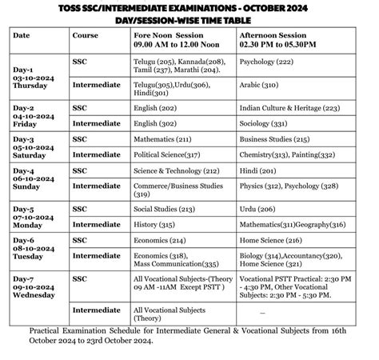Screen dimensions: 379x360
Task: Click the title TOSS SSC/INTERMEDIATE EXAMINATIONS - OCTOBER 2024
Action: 190,7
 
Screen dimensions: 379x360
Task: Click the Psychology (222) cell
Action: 270,61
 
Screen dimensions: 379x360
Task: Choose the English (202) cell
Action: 157,107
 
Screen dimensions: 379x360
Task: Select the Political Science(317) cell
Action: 166,154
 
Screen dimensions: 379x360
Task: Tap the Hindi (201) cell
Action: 257,170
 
